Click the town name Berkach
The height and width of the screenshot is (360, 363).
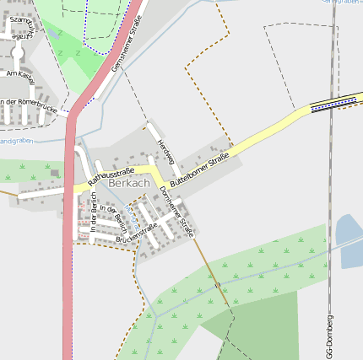click(128, 183)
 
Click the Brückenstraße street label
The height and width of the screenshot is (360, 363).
click(137, 233)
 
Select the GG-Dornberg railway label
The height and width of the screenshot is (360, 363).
click(328, 336)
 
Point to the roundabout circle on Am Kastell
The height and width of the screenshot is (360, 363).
click(16, 53)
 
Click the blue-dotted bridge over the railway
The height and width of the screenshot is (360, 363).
click(331, 103)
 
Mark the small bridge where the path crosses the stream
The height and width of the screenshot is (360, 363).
click(218, 286)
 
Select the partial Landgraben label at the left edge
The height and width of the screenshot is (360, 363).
click(14, 141)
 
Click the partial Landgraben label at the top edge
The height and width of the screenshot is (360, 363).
click(341, 3)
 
